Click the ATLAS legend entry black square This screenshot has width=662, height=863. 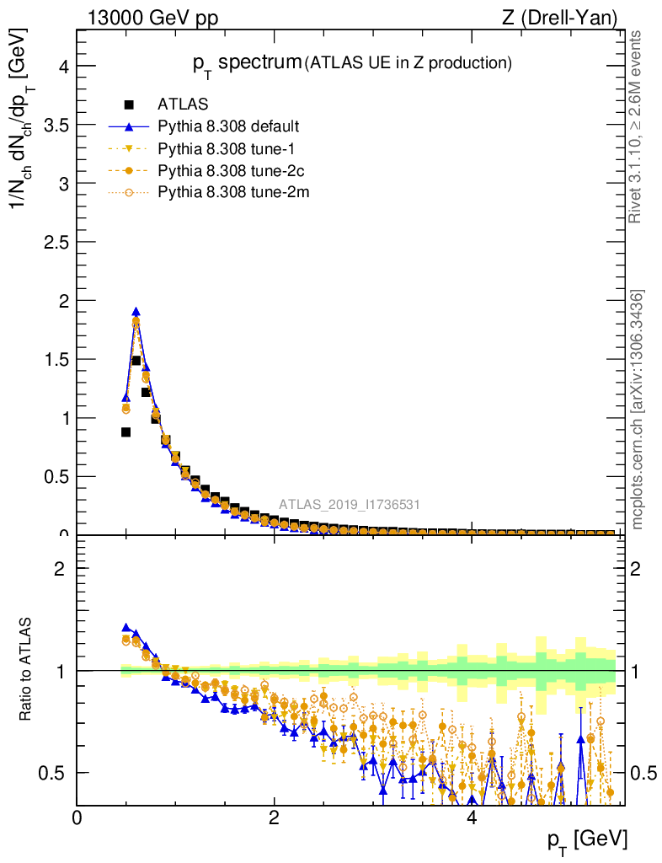click(x=129, y=105)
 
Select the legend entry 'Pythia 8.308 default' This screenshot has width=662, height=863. click(x=228, y=126)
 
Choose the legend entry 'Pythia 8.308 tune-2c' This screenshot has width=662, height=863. click(x=227, y=170)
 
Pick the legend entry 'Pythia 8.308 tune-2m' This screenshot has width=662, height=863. click(x=227, y=192)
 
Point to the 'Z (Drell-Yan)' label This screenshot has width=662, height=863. click(x=569, y=18)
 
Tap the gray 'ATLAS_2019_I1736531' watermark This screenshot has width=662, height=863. click(x=350, y=505)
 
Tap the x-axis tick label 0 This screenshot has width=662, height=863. click(x=77, y=818)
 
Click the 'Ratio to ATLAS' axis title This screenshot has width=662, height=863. click(x=26, y=670)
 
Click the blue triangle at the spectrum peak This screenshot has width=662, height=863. click(x=136, y=311)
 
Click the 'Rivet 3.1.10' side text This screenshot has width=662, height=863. click(x=637, y=126)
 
